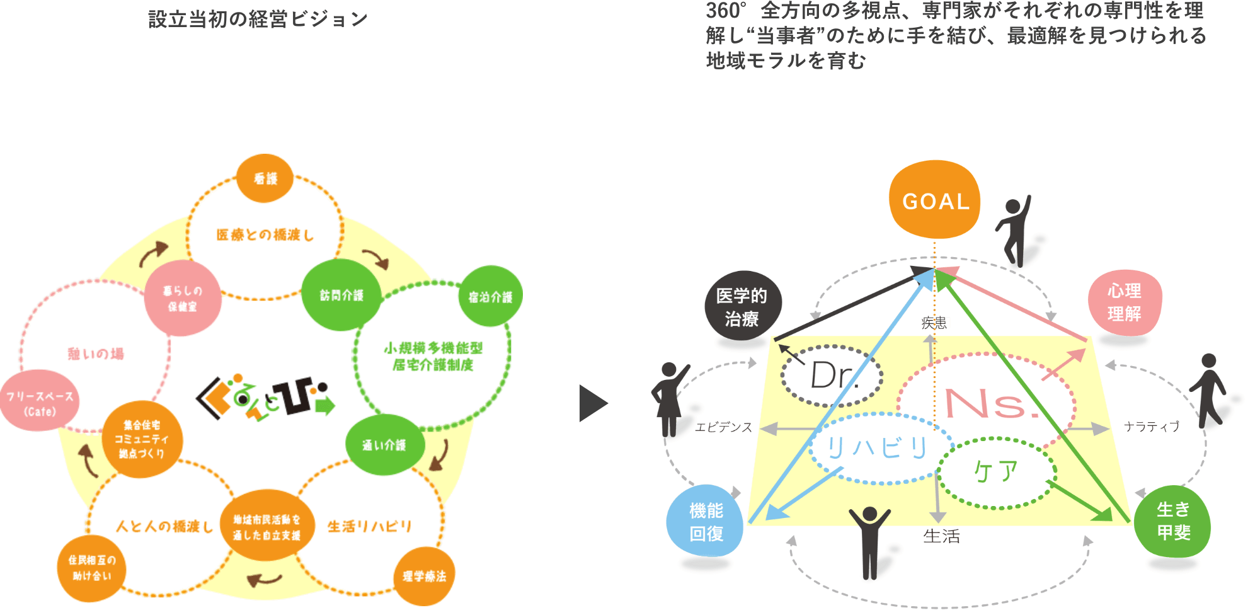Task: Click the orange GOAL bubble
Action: pyautogui.click(x=934, y=200)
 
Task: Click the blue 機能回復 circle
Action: pyautogui.click(x=706, y=522)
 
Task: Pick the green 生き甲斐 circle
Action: pyautogui.click(x=1172, y=521)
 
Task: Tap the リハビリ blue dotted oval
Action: pyautogui.click(x=878, y=448)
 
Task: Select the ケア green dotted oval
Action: pyautogui.click(x=996, y=472)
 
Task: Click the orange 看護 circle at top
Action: pyautogui.click(x=265, y=178)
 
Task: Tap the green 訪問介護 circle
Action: pyautogui.click(x=341, y=295)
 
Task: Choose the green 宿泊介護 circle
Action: pyautogui.click(x=490, y=297)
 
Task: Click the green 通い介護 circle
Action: pyautogui.click(x=384, y=445)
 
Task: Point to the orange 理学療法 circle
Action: pyautogui.click(x=424, y=576)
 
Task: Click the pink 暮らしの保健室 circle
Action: pyautogui.click(x=182, y=298)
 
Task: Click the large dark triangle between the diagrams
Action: pyautogui.click(x=592, y=403)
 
